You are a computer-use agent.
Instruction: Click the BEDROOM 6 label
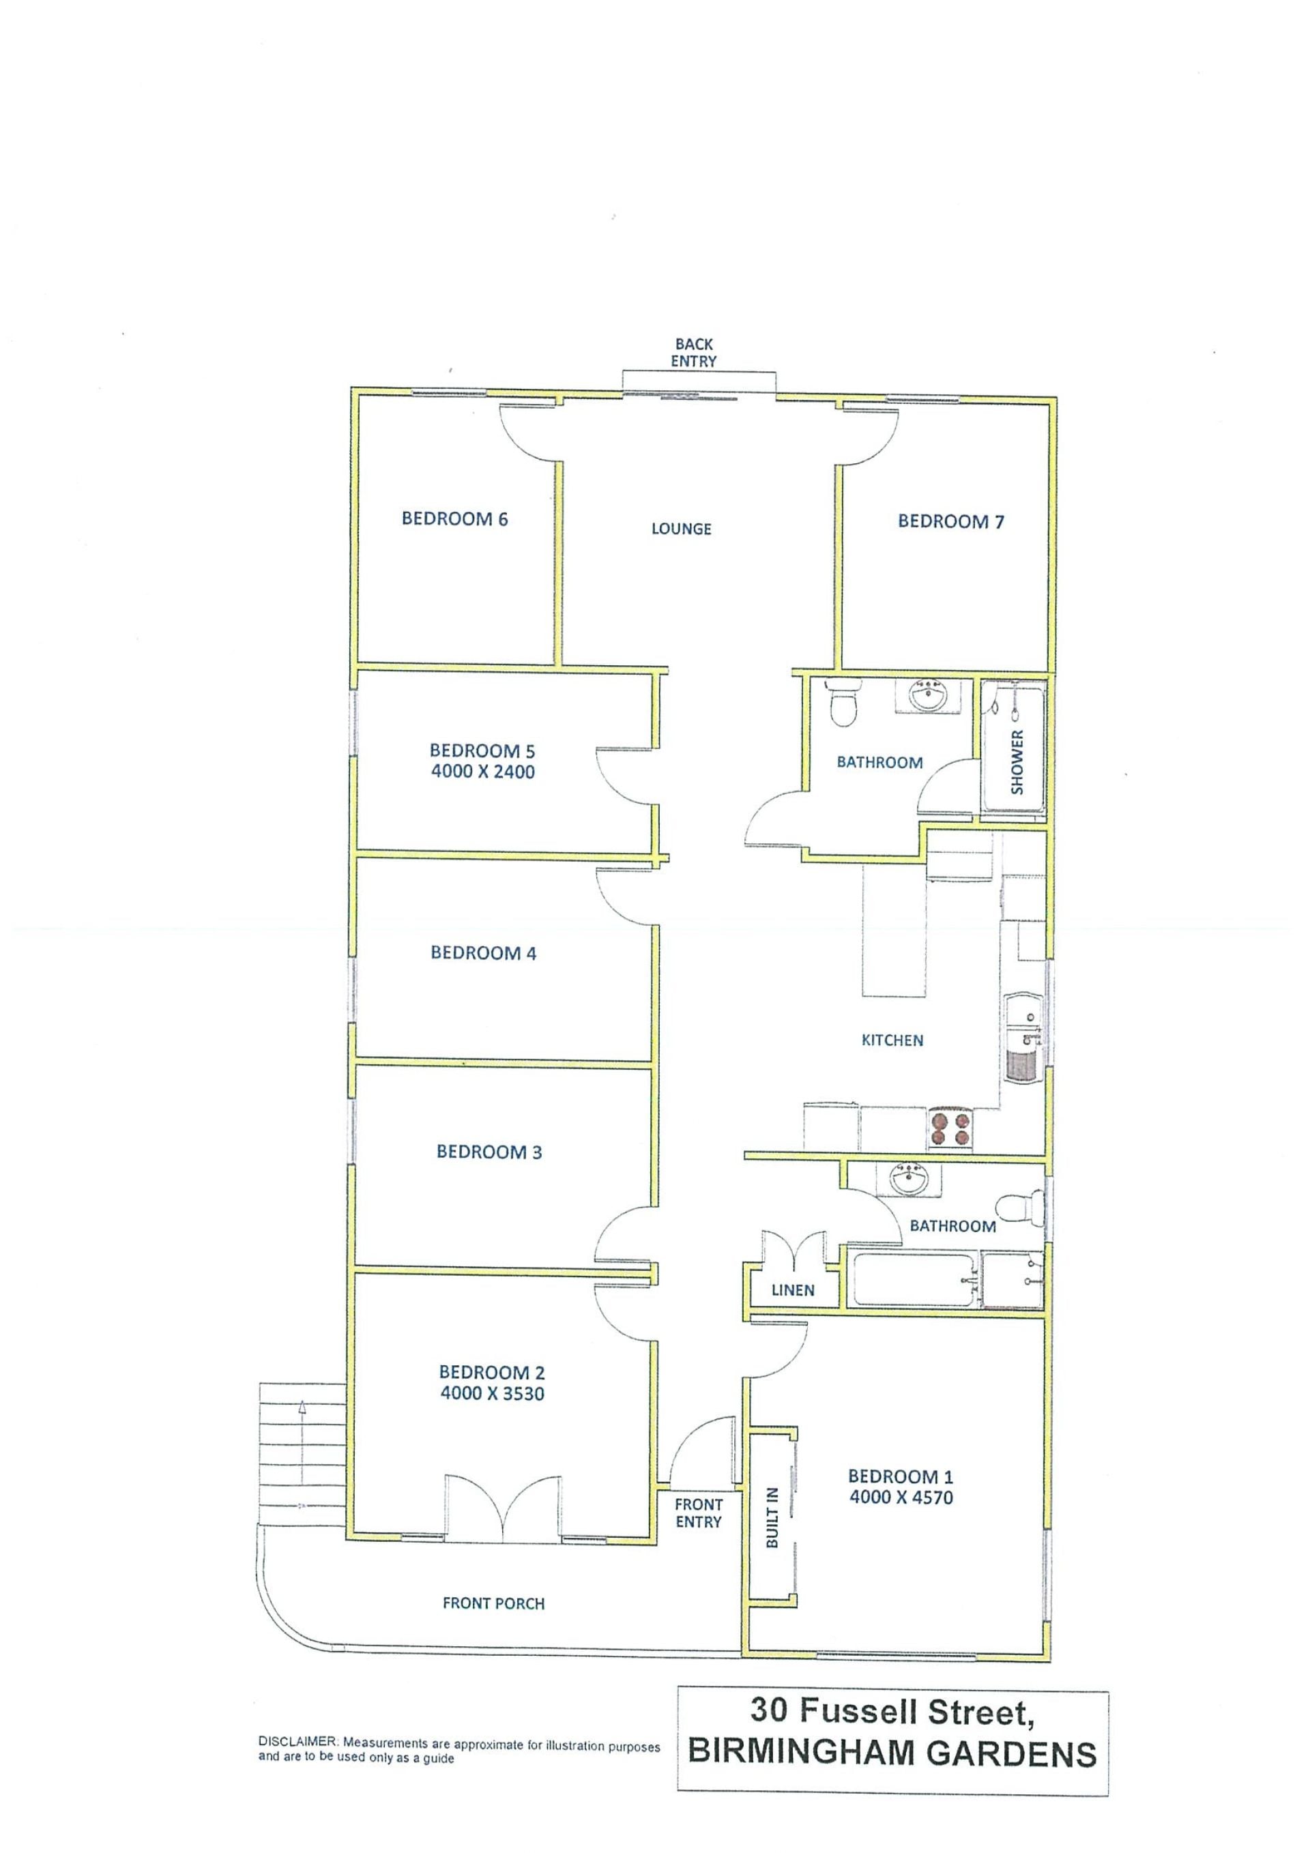click(x=454, y=519)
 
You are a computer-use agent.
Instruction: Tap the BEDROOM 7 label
click(x=951, y=521)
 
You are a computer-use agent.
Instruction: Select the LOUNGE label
click(x=681, y=529)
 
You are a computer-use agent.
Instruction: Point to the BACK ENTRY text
click(x=693, y=353)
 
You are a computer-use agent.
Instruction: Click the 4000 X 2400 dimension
click(x=482, y=772)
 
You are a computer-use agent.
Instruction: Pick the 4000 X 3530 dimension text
click(x=493, y=1393)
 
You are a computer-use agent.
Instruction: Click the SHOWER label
click(x=1017, y=762)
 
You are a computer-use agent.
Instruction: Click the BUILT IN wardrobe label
click(x=772, y=1518)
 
